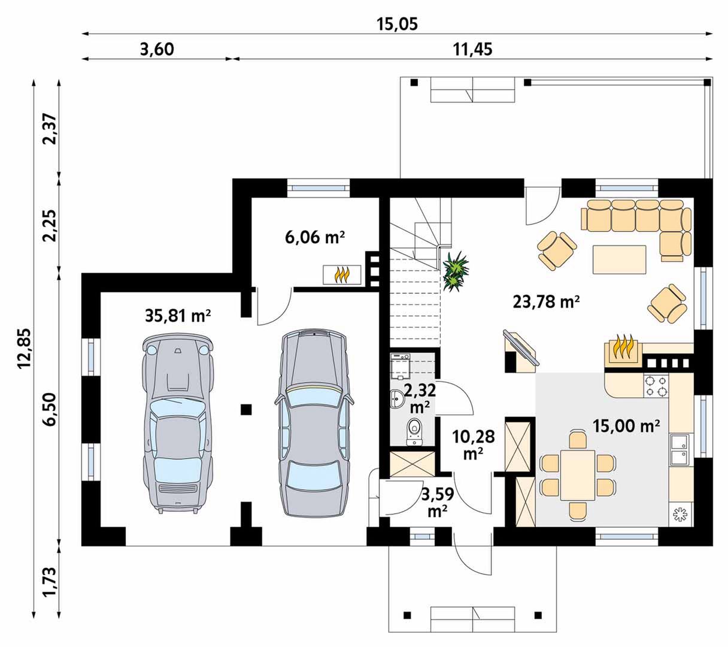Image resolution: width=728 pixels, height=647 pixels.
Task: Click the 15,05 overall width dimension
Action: pos(397,25)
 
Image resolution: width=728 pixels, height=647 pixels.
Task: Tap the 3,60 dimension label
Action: pos(157,49)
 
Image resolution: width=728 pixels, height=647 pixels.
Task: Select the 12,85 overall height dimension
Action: pos(25,348)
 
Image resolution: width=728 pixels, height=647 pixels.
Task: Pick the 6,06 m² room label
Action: pos(315,237)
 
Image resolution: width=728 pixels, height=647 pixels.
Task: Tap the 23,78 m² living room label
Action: pos(546,301)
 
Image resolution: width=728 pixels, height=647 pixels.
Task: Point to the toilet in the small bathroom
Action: pos(415,431)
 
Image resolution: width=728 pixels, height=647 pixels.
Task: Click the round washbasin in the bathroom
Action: pos(398,399)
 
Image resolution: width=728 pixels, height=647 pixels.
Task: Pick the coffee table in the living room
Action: pos(620,259)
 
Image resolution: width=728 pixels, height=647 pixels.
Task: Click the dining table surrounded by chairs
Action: pos(578,474)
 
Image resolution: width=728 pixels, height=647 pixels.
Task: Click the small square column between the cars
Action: pos(246,409)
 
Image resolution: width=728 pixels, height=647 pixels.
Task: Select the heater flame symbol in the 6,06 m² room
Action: pos(342,275)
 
